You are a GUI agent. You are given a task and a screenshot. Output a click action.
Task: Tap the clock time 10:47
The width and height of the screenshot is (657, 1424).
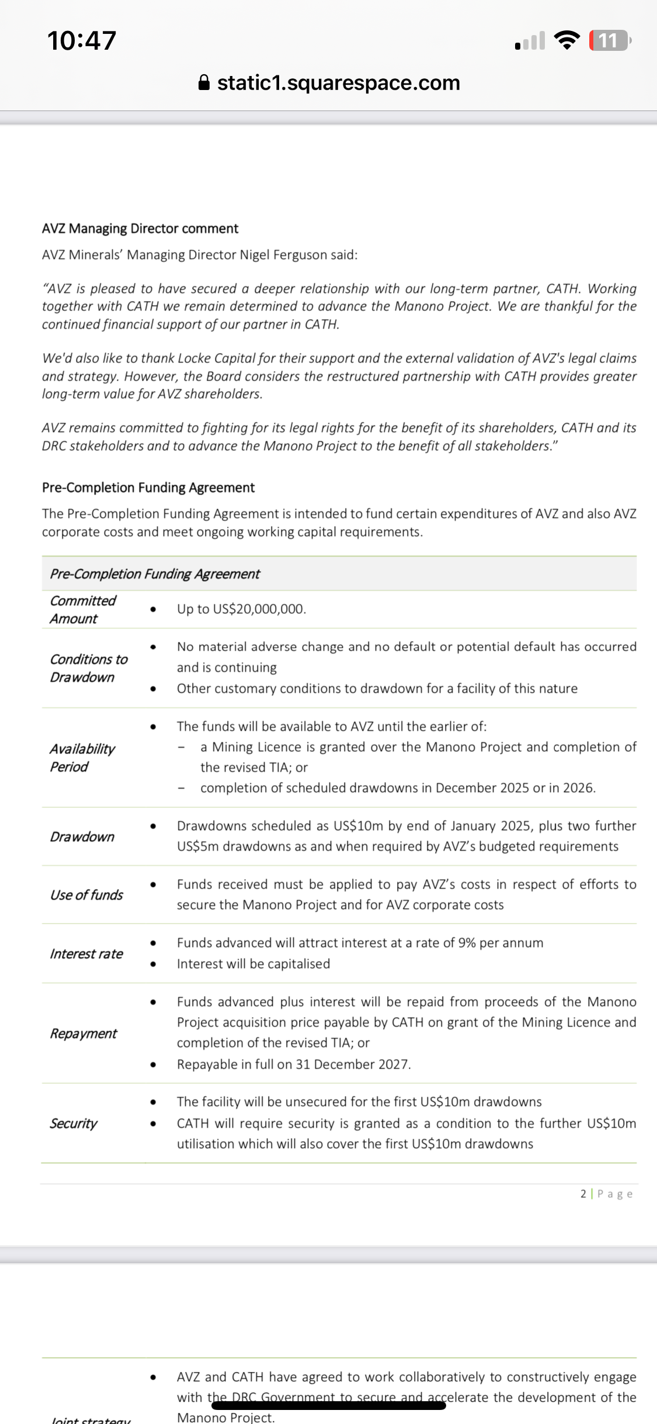[82, 40]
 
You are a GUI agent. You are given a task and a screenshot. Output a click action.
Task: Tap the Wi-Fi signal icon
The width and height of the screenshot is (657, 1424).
[566, 40]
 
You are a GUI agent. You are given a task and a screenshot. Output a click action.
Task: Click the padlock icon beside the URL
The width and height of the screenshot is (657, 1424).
[204, 83]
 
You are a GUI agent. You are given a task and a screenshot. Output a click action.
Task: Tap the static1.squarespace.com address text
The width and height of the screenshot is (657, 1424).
[339, 83]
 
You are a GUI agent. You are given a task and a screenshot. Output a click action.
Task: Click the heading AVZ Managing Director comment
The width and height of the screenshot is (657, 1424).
[140, 229]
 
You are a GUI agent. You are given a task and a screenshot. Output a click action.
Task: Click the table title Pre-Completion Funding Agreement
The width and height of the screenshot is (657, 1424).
[155, 574]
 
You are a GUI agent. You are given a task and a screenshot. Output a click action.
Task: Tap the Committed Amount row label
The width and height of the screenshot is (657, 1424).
[82, 610]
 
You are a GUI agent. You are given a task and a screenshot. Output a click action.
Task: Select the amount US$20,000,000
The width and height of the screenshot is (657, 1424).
[259, 609]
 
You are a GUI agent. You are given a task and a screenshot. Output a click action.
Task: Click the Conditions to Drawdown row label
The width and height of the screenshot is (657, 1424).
[88, 668]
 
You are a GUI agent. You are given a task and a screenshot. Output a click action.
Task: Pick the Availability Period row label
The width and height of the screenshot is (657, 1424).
[82, 758]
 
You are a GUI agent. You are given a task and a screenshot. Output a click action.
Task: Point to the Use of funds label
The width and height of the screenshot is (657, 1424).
[86, 895]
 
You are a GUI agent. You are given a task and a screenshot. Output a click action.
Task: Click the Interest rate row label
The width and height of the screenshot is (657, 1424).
[86, 954]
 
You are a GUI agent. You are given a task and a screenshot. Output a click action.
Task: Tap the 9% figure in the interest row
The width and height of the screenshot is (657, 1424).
[467, 943]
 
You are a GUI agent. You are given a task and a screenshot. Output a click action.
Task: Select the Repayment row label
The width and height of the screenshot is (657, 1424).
[84, 1034]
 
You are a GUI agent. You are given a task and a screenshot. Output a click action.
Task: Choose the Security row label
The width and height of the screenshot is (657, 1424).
[74, 1123]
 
